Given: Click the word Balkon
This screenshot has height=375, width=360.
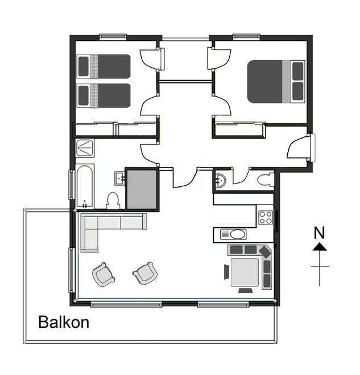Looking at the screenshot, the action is click(x=64, y=322).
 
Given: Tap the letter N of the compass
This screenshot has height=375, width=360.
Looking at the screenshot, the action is click(x=319, y=232).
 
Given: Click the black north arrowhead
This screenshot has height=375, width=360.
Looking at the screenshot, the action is click(x=320, y=247).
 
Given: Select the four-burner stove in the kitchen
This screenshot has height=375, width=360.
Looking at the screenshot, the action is click(x=266, y=218).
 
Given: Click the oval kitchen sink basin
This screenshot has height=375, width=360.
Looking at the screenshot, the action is click(x=238, y=234).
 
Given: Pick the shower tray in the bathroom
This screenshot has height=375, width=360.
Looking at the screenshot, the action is click(x=85, y=148).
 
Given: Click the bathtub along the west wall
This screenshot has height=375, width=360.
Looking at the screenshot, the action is click(x=85, y=186).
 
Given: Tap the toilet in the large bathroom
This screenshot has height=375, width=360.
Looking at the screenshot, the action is click(x=113, y=201).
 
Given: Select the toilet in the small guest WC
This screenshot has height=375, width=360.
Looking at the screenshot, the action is click(x=266, y=180).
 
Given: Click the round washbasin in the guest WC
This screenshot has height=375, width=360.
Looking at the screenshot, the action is click(x=220, y=180).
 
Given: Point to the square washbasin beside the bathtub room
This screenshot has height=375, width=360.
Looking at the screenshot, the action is click(x=119, y=178).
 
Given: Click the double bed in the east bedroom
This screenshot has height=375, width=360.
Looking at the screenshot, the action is click(x=276, y=82).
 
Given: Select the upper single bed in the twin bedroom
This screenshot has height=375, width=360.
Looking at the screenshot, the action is click(x=104, y=66).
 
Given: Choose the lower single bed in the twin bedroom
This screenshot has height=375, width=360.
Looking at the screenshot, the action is click(x=104, y=95).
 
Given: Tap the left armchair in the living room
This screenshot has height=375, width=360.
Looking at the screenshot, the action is click(x=104, y=274).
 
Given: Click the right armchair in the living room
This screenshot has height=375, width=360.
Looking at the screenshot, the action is click(x=145, y=273).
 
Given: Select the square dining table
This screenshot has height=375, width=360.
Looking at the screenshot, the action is click(x=245, y=272).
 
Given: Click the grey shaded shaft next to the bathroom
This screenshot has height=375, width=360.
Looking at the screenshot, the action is click(x=142, y=189).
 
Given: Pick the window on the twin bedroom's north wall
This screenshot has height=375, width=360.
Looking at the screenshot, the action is click(x=113, y=36).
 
